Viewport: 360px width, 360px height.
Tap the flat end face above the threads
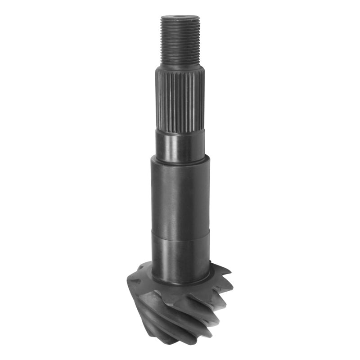pyautogui.click(x=180, y=18)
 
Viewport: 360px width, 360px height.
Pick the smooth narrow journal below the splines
pyautogui.click(x=180, y=145)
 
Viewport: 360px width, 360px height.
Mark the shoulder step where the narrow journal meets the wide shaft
pyautogui.click(x=180, y=160)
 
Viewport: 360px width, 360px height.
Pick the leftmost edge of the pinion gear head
pyautogui.click(x=128, y=281)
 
